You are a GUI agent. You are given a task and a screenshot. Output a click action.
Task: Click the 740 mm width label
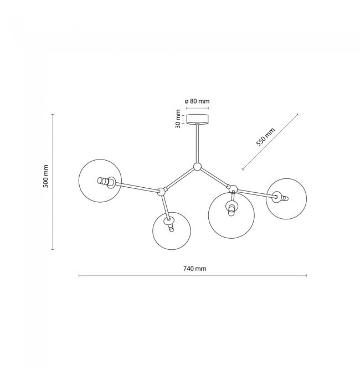(x=195, y=269)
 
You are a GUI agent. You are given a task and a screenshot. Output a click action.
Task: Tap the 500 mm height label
(x=45, y=176)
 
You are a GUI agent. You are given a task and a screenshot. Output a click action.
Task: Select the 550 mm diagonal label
(x=265, y=137)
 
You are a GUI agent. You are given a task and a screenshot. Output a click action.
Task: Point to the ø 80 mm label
(x=197, y=101)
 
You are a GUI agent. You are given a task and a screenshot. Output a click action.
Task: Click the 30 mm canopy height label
(x=178, y=119)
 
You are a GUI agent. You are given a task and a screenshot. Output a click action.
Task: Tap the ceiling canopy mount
(x=197, y=119)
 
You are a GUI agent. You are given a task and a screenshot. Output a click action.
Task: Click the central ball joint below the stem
(x=197, y=167)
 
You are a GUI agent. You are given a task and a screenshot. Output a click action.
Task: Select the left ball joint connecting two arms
(x=162, y=191)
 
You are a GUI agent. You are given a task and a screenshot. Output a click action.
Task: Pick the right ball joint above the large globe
(x=233, y=189)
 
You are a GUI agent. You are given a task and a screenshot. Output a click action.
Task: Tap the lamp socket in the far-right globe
(x=280, y=197)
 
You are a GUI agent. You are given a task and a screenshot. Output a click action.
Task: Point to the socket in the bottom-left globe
(x=169, y=224)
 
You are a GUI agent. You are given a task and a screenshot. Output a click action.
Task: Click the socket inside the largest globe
(x=232, y=207)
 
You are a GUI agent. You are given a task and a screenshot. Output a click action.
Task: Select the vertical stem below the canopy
(x=197, y=143)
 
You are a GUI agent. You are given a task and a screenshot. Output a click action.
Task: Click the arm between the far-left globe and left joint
(x=137, y=187)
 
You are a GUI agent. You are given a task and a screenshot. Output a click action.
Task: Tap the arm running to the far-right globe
(x=256, y=193)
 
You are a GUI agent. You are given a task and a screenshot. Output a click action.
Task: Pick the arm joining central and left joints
(x=179, y=179)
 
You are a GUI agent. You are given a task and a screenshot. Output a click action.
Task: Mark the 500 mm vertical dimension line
(x=53, y=182)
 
